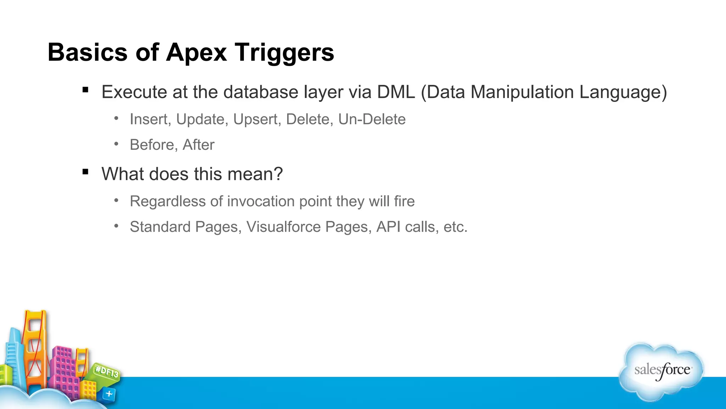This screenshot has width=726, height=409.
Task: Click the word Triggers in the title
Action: coord(284,53)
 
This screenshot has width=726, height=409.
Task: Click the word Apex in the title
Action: coord(196,53)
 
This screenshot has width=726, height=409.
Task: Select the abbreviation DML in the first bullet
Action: coord(396,92)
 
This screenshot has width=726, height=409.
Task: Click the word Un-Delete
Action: coord(372,119)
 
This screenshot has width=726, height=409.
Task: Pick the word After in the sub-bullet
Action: coord(199,145)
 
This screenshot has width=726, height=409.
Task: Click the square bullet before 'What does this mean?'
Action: coord(85,172)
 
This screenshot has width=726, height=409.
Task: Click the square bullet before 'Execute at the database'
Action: coord(85,90)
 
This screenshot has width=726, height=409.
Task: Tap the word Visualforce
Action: coord(284,227)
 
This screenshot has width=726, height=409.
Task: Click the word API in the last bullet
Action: coord(388,227)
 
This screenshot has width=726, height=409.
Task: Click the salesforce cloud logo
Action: coord(661,371)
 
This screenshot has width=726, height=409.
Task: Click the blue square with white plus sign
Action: coord(109,394)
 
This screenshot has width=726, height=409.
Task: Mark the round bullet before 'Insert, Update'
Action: coord(116,118)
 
